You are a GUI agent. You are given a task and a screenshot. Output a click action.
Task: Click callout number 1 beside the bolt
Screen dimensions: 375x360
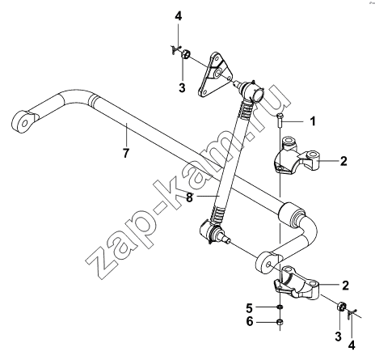coord(313,121)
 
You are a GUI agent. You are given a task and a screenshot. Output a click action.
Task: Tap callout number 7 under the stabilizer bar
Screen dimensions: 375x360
coord(126,153)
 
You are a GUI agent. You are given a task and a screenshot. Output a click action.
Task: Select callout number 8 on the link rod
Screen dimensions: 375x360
coord(190,197)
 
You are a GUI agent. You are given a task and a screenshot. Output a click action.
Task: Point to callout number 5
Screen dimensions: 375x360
coord(250,307)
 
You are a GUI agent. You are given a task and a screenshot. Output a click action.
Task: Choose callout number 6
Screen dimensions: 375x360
coord(250,321)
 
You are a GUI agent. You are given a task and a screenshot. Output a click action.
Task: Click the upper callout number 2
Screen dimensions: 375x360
coord(343,161)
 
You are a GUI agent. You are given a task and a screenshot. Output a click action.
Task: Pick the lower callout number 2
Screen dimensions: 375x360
coord(345,286)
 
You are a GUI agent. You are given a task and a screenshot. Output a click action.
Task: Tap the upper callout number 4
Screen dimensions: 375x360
coord(179,16)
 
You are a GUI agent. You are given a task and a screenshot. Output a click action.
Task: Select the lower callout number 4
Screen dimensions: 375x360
coord(352,345)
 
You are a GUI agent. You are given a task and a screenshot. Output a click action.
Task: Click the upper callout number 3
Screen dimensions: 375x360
coord(182,87)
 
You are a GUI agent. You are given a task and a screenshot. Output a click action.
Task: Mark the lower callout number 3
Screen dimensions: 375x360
coord(338,337)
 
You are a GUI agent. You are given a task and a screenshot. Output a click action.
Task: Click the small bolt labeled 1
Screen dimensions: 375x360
coord(280,121)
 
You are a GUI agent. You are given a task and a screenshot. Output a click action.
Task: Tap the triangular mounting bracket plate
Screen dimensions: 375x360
coord(215,74)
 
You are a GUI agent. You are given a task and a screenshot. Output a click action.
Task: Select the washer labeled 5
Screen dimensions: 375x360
coord(280,307)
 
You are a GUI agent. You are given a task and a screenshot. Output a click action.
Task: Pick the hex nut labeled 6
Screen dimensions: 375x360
coord(280,321)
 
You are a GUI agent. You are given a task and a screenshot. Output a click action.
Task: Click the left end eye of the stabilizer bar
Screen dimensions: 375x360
coord(25,122)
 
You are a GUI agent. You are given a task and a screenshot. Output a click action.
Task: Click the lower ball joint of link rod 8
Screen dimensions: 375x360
coord(212,232)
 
